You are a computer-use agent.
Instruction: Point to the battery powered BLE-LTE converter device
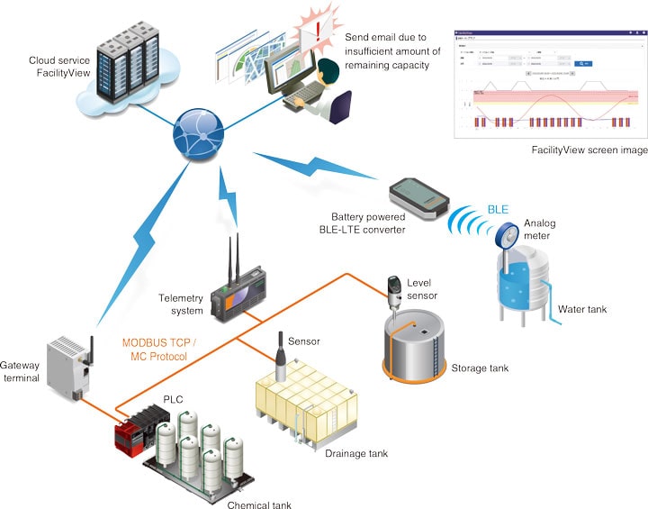(419, 198)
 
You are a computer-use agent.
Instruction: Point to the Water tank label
(582, 310)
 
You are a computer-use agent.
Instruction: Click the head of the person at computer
(309, 69)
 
